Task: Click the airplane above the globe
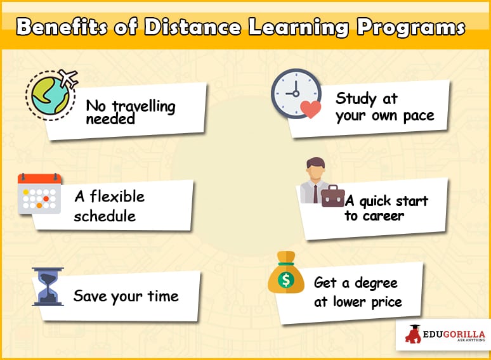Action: (69, 78)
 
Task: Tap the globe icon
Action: (50, 96)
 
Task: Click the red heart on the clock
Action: (310, 110)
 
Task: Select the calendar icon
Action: (39, 193)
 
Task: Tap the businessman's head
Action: (316, 167)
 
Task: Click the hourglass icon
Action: (48, 286)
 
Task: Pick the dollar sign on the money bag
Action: (286, 280)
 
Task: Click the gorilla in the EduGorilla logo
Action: (414, 335)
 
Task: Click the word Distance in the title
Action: (193, 27)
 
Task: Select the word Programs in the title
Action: (411, 28)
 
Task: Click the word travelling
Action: (144, 106)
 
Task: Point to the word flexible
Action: (117, 196)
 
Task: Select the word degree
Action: (376, 283)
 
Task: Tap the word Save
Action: (90, 295)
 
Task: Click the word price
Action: (387, 302)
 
